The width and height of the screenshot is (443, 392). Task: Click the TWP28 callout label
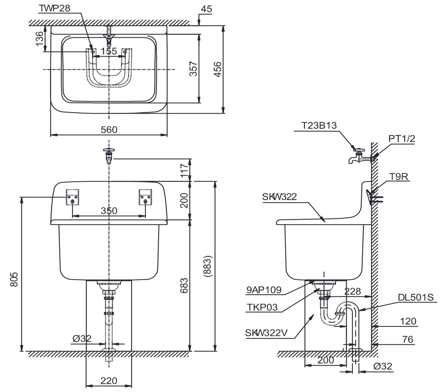pyautogui.click(x=55, y=8)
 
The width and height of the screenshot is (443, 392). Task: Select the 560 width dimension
pyautogui.click(x=109, y=130)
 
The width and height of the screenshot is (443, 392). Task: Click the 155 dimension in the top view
pyautogui.click(x=109, y=51)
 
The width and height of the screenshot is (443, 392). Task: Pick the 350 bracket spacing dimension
pyautogui.click(x=109, y=211)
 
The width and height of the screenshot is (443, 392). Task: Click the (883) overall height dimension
pyautogui.click(x=208, y=266)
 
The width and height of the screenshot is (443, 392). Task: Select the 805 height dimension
pyautogui.click(x=14, y=279)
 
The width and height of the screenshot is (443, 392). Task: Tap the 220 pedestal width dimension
pyautogui.click(x=109, y=381)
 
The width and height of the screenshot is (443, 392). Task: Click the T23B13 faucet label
pyautogui.click(x=319, y=126)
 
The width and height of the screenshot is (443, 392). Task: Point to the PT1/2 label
pyautogui.click(x=402, y=138)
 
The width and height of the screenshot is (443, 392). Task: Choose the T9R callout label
pyautogui.click(x=399, y=176)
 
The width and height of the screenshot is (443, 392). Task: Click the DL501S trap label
pyautogui.click(x=416, y=298)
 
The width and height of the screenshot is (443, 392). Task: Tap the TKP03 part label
pyautogui.click(x=262, y=307)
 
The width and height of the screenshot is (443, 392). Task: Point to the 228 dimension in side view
pyautogui.click(x=353, y=291)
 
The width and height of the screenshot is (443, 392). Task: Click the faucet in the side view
pyautogui.click(x=360, y=156)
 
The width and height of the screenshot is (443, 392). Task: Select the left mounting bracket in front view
pyautogui.click(x=73, y=197)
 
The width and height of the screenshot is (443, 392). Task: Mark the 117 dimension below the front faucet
pyautogui.click(x=184, y=170)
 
